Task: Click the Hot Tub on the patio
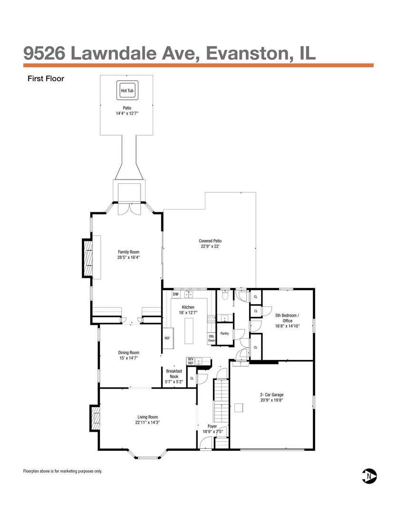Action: (x=127, y=90)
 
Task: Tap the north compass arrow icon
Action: (x=369, y=476)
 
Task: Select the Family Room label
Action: (x=128, y=252)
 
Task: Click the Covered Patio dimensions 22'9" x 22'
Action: (x=210, y=247)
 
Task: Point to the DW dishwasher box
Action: (x=176, y=294)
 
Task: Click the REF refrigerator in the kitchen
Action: (x=167, y=338)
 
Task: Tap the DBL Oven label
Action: (x=211, y=338)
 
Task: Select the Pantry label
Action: (x=224, y=333)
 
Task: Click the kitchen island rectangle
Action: (x=189, y=331)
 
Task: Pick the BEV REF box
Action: (x=191, y=361)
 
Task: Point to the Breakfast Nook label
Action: (x=174, y=374)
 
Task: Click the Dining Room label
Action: (x=128, y=352)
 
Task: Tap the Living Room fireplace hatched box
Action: (x=95, y=418)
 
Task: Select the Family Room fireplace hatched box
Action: (x=87, y=258)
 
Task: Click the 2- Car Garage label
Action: (x=271, y=395)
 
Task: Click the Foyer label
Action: (x=212, y=426)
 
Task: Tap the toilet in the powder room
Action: (x=225, y=295)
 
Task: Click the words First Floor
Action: (x=46, y=78)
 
